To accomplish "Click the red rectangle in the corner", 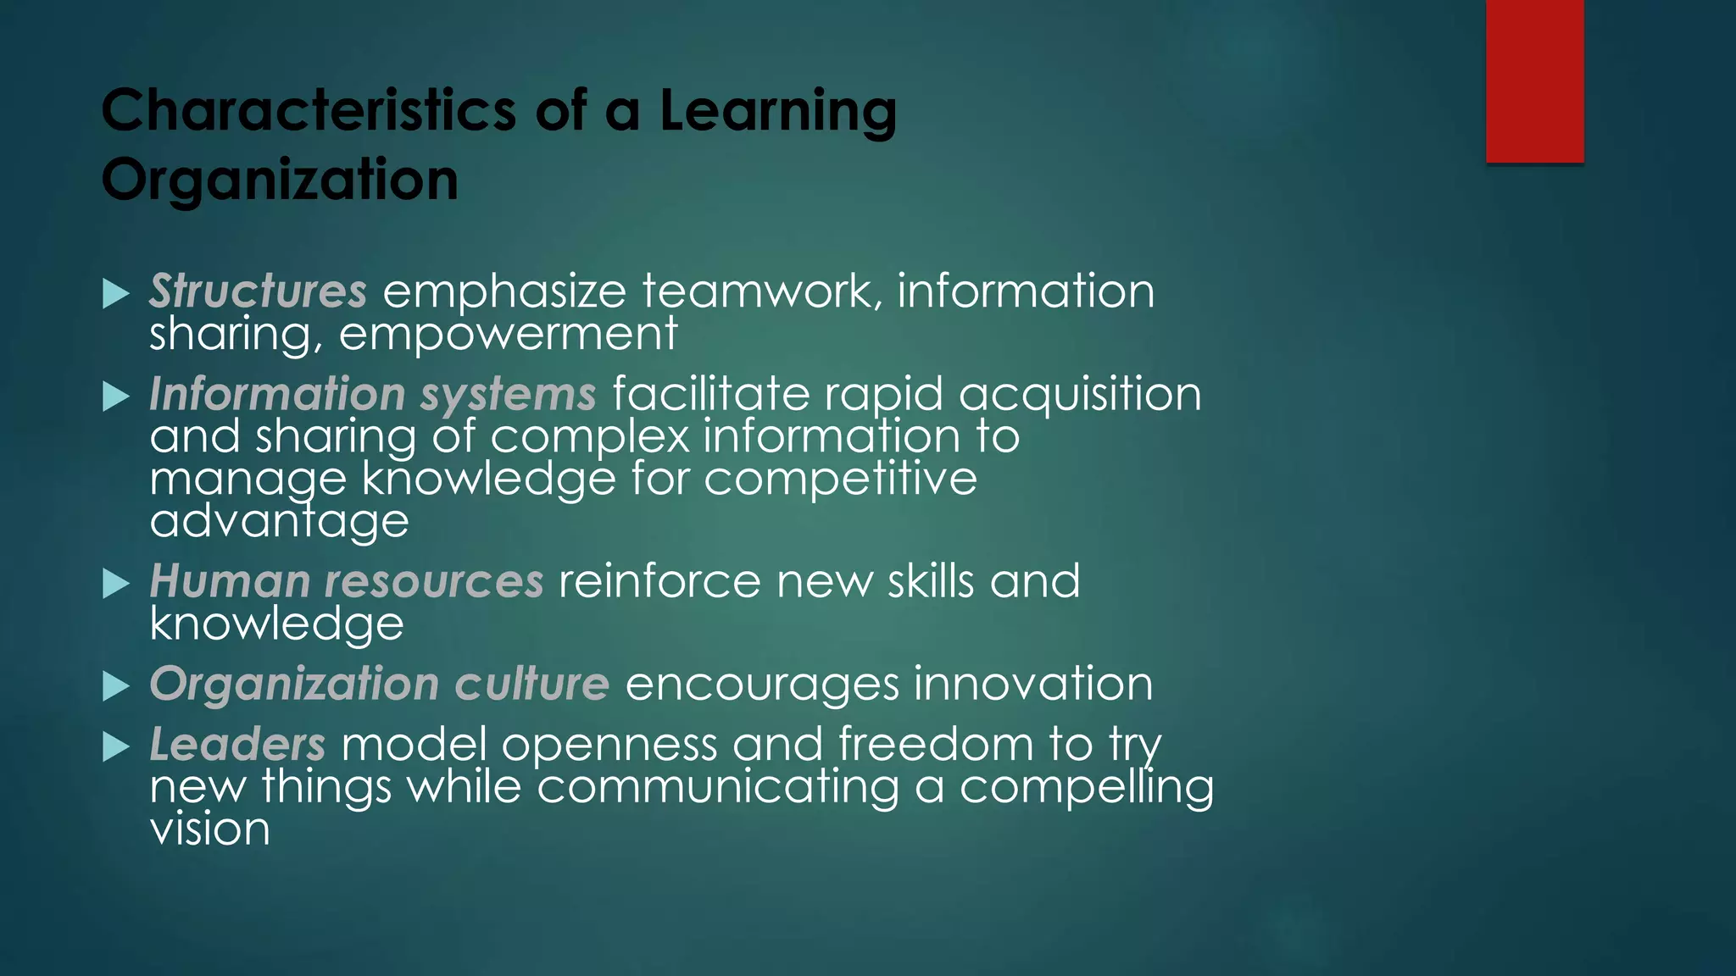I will (1534, 81).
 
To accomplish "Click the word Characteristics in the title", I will (309, 111).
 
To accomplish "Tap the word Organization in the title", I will (280, 180).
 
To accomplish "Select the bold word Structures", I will (258, 291).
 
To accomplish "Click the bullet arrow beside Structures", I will (116, 294).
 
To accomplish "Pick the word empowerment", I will (508, 334).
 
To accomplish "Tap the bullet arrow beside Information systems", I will (116, 396).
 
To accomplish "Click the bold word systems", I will (508, 395).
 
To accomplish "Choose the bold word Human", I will (230, 582).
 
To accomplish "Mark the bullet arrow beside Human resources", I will (116, 584).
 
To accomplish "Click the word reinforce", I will (659, 582).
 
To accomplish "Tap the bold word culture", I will (531, 685).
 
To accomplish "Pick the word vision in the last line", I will (209, 829).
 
